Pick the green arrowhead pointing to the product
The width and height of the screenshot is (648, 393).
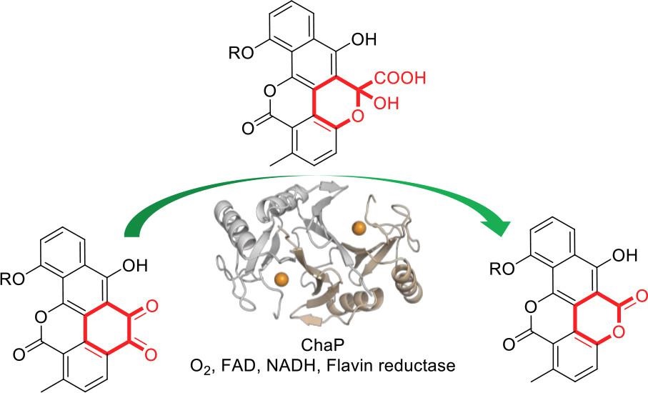coord(502,227)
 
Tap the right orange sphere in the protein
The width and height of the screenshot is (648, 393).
coord(359,227)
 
